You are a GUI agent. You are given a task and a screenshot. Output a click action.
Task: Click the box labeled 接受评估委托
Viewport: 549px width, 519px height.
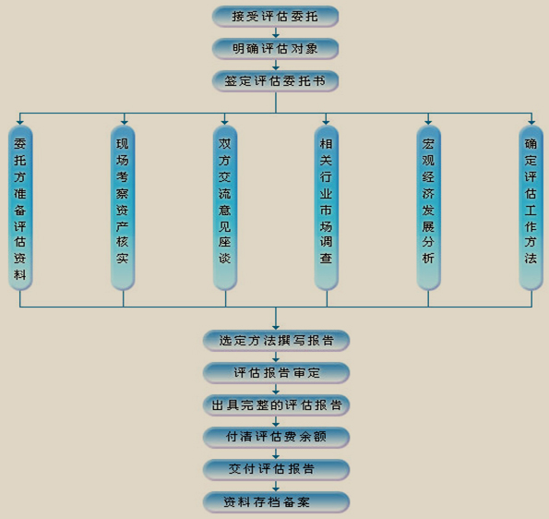[275, 17]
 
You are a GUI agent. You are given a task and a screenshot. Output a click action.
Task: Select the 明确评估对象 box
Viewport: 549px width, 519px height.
[275, 49]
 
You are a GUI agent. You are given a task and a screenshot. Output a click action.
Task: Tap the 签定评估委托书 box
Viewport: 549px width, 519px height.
[275, 81]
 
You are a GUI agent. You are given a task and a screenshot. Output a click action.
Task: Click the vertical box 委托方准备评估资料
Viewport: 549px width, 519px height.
[20, 208]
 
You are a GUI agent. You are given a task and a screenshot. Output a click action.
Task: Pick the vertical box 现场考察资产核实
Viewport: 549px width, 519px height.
[123, 208]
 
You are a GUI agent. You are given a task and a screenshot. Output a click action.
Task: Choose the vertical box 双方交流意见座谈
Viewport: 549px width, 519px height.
[225, 208]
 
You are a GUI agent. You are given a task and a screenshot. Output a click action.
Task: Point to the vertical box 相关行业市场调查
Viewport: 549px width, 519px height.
[327, 208]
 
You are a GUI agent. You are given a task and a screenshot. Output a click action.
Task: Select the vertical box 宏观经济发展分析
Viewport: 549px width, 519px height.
[428, 208]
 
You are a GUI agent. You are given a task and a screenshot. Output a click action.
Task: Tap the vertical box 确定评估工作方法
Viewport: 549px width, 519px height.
[531, 208]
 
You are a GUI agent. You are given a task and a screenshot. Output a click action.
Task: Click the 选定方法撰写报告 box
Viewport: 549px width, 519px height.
[276, 340]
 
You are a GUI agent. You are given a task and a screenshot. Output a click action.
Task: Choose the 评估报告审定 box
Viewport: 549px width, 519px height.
[276, 372]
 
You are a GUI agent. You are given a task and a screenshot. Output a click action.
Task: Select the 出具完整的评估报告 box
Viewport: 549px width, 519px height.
[276, 405]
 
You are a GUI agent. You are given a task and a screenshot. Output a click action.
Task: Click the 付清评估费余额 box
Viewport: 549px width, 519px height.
[276, 438]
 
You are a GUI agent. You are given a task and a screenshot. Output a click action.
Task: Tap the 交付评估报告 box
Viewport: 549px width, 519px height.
[276, 469]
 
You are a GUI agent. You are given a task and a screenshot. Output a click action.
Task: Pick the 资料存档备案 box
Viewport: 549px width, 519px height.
[276, 502]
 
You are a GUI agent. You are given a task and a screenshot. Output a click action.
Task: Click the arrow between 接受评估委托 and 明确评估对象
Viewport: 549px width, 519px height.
[276, 32]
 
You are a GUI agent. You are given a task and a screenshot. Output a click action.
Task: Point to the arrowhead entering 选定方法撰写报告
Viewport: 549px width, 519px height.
[276, 327]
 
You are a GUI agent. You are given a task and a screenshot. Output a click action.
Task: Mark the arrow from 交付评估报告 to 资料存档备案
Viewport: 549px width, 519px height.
[276, 486]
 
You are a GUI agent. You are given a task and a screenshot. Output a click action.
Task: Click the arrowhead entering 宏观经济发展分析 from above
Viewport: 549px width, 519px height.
[428, 122]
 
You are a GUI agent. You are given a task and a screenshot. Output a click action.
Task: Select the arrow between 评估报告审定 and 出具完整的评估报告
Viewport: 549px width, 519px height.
[276, 389]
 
